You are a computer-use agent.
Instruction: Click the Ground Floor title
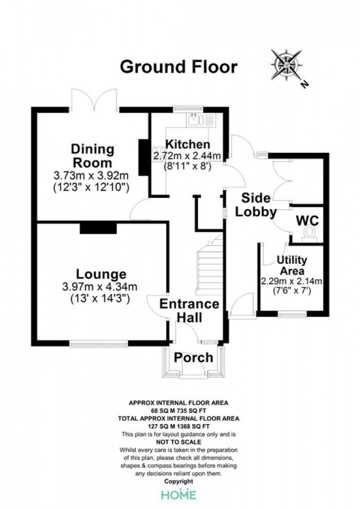[x=178, y=67]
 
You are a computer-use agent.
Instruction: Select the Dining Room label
[x=93, y=155]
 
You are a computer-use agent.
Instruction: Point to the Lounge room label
[x=101, y=275]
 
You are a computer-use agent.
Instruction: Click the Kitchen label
[x=188, y=144]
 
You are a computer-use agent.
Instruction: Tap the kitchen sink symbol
[x=194, y=119]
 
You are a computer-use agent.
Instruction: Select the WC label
[x=308, y=221]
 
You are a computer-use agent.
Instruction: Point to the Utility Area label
[x=292, y=265]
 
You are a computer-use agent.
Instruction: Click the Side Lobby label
[x=256, y=205]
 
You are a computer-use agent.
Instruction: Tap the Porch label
[x=193, y=357]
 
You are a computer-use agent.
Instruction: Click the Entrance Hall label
[x=190, y=311]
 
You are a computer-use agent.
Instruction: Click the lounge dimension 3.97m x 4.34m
[x=100, y=287]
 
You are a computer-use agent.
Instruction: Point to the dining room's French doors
[x=94, y=100]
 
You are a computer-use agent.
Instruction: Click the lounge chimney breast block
[x=98, y=228]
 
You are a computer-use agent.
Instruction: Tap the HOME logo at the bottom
[x=179, y=495]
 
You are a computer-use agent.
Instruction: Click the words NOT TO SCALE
[x=178, y=442]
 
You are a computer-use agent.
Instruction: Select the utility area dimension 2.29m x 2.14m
[x=292, y=281]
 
